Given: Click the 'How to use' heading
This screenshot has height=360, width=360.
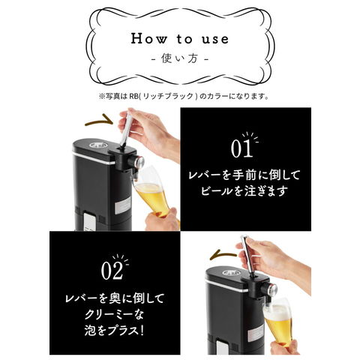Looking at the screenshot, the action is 180,39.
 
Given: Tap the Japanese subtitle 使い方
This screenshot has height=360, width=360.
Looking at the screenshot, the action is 180,58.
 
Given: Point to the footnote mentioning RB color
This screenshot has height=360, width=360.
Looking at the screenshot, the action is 184,96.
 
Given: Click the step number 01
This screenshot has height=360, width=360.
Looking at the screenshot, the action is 241,148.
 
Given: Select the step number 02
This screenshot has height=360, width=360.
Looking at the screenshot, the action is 112,270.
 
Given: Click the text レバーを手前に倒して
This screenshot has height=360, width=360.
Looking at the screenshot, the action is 244,175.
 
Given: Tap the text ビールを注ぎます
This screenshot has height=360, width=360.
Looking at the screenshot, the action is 243,191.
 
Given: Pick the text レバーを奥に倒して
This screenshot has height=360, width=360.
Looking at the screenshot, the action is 115,298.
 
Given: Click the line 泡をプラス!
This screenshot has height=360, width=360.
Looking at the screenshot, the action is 114,331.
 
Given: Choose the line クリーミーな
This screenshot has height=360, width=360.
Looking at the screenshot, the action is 114,314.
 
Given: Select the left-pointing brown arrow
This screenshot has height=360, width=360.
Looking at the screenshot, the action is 223,255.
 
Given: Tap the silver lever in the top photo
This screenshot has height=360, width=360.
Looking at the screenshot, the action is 125,130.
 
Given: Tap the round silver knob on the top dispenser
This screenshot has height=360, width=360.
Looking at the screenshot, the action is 139,162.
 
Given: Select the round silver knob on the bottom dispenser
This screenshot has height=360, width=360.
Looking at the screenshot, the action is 272,289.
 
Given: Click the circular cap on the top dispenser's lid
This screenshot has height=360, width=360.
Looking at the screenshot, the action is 99,145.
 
